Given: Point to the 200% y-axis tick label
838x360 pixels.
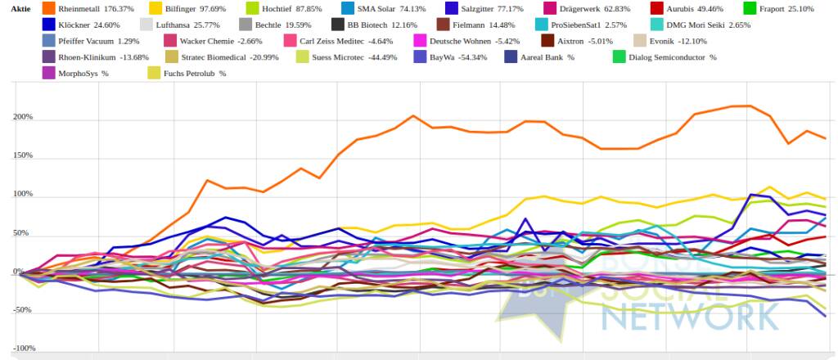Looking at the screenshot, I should click(x=22, y=117).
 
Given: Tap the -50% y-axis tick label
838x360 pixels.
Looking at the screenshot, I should click(x=22, y=310).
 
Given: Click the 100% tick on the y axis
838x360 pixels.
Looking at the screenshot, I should click(x=22, y=195).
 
